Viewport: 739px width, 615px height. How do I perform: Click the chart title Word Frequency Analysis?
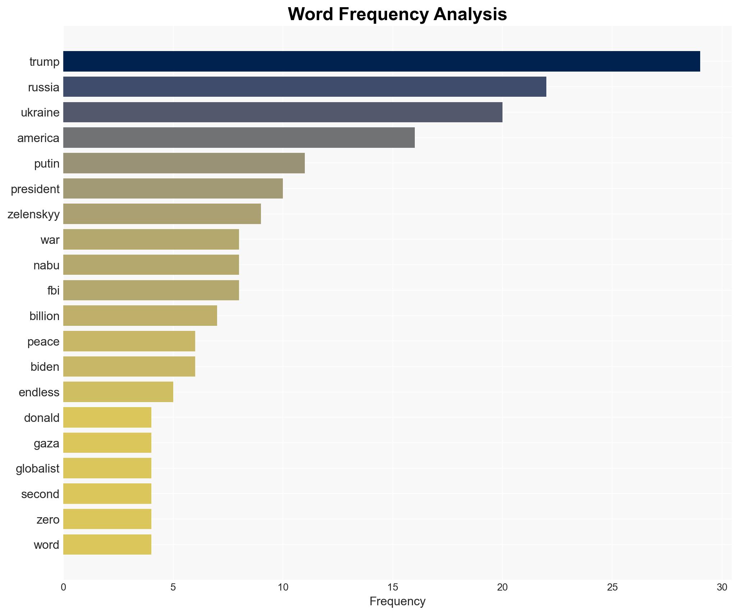(x=397, y=14)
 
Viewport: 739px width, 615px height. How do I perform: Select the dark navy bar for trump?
(x=381, y=61)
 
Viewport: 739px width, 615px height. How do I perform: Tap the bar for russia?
(x=304, y=87)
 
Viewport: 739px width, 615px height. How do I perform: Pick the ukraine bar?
(x=283, y=112)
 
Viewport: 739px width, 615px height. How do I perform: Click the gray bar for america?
(x=239, y=138)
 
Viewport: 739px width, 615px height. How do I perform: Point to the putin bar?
(x=184, y=163)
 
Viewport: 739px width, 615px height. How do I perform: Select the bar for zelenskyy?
(x=162, y=214)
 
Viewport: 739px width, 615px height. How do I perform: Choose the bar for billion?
(x=140, y=316)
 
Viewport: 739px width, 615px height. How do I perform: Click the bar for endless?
(x=118, y=392)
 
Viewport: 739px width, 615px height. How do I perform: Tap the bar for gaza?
(x=107, y=443)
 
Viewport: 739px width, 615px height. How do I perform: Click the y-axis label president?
(x=35, y=189)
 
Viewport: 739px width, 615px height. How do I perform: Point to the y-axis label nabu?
(x=46, y=265)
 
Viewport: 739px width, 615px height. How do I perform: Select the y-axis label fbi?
(x=53, y=291)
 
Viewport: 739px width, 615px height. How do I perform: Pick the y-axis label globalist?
(x=37, y=469)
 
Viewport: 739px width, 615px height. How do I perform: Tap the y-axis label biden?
(x=45, y=367)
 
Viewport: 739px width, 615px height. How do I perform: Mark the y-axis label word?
(x=46, y=545)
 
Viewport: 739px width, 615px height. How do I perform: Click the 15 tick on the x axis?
(x=393, y=588)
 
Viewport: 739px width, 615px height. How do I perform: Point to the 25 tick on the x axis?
(x=612, y=588)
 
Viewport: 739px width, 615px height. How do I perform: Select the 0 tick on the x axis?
(x=64, y=588)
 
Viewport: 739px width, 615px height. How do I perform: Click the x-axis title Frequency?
(x=397, y=601)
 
